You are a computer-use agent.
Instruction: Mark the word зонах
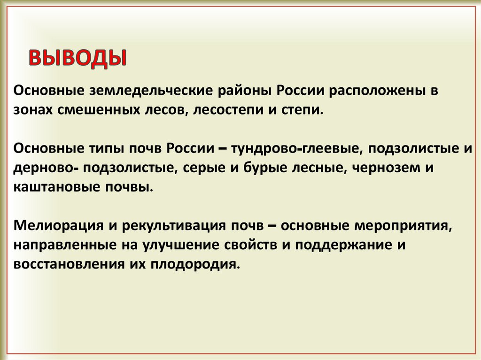[33, 110]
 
